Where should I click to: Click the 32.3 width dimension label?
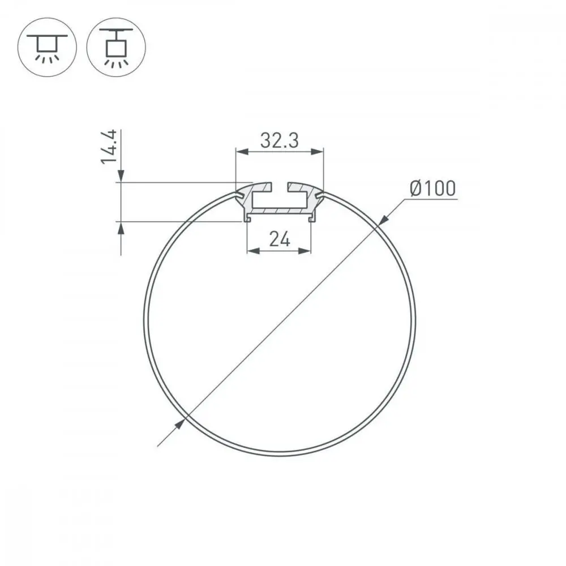pos(280,140)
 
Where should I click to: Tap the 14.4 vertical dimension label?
pos(109,147)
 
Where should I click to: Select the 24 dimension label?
pos(280,239)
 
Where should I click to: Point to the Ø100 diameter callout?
pos(433,188)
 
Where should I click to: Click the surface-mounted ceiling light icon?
pos(47,47)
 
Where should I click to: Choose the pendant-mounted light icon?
pos(116,47)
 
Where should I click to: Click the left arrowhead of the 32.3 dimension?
pos(242,152)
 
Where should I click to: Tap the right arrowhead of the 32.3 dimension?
pos(318,152)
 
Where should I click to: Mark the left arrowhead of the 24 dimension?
pos(254,251)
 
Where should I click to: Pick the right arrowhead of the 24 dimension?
pos(305,251)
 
